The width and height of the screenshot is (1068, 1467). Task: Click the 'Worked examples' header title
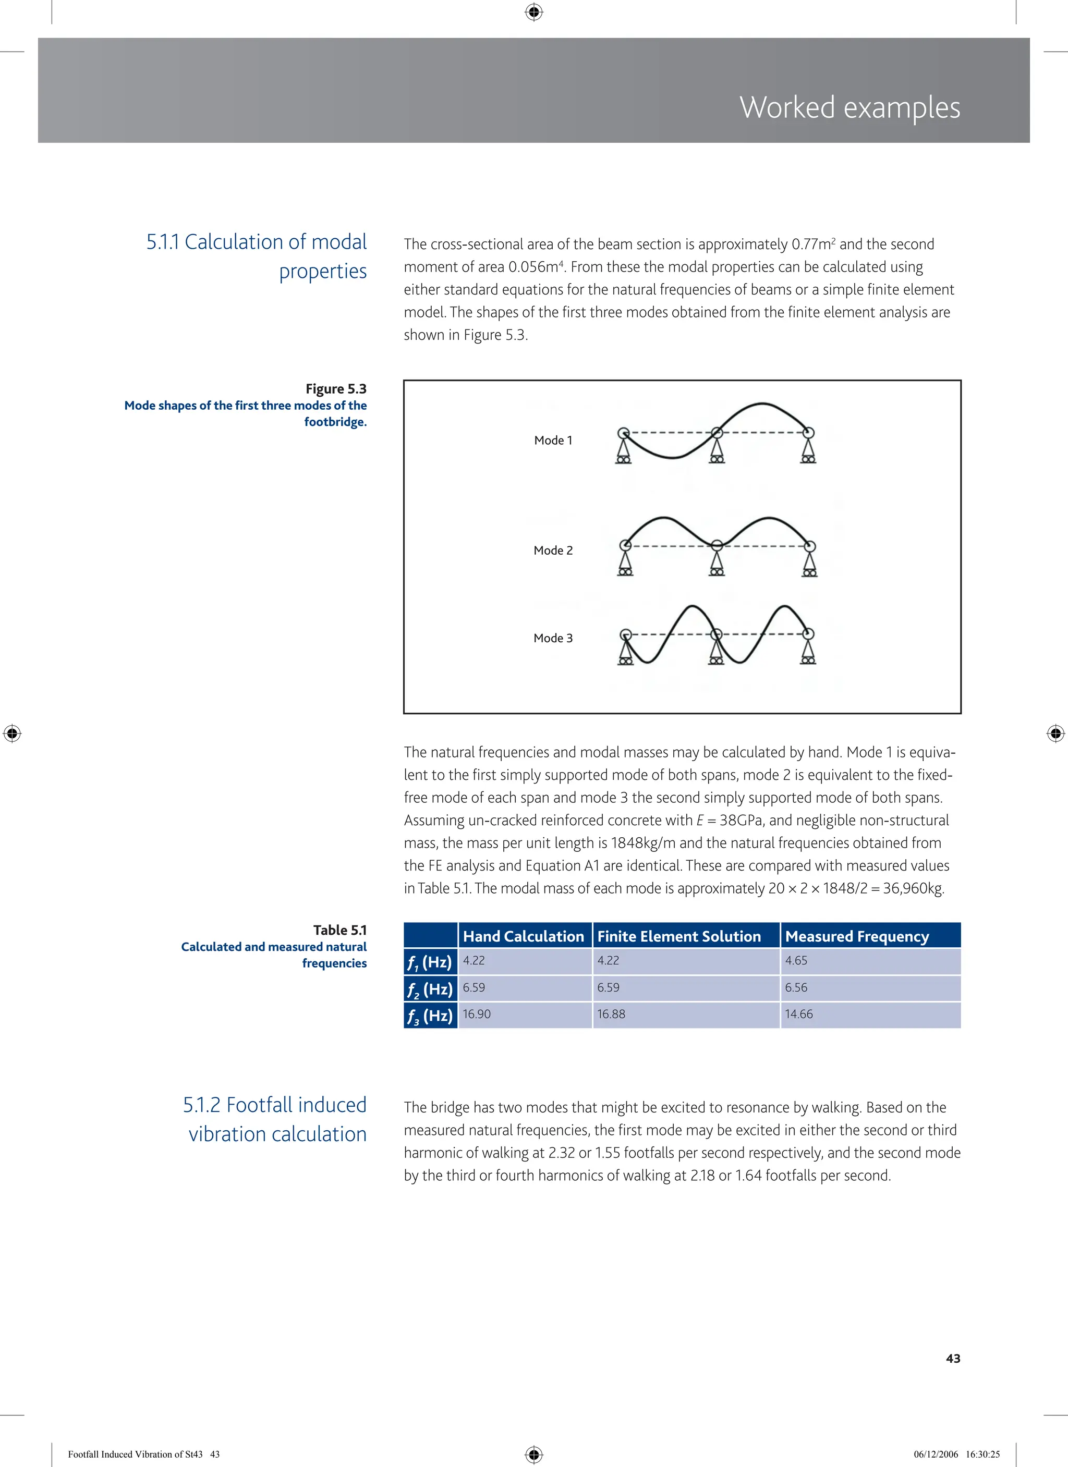849,107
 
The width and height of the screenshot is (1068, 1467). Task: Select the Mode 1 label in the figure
553,441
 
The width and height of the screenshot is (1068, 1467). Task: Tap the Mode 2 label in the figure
553,551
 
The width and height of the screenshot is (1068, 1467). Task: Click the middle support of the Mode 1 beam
716,448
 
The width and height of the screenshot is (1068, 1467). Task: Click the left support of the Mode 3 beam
626,649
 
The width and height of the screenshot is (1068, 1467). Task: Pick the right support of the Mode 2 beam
809,561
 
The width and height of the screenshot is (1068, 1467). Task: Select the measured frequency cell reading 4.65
796,960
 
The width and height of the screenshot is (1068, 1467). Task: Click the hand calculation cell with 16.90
477,1014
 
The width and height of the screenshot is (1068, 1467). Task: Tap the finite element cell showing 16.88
611,1014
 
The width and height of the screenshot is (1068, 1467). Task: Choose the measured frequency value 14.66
799,1014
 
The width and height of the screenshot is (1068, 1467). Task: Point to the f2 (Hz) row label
430,988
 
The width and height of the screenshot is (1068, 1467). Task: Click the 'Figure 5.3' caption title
336,389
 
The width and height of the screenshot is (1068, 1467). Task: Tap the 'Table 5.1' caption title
339,930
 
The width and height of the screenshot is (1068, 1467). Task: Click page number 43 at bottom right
953,1359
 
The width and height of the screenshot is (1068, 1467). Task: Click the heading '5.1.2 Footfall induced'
274,1104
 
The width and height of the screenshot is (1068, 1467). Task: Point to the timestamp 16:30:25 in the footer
982,1454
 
